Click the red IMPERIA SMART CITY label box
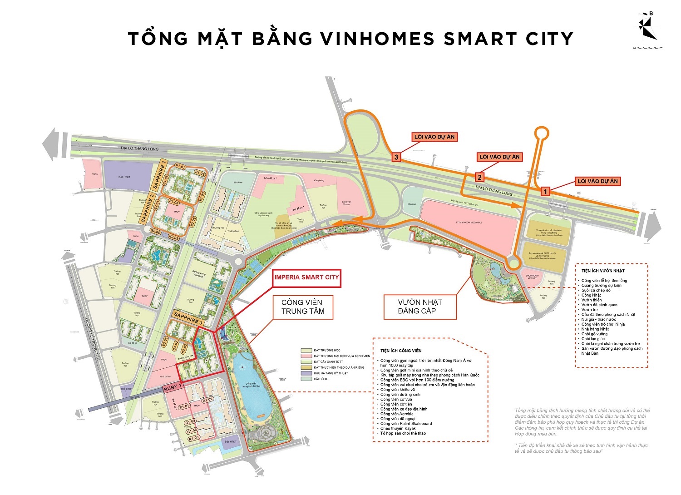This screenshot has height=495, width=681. [x=307, y=277]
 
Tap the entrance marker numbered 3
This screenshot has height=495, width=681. [x=396, y=157]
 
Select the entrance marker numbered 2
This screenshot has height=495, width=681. [x=479, y=177]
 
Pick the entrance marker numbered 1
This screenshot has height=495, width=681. [x=546, y=192]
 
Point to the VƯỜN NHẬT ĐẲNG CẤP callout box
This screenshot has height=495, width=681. [x=420, y=307]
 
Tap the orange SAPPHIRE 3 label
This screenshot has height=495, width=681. [x=188, y=317]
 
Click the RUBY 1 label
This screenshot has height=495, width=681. [x=173, y=388]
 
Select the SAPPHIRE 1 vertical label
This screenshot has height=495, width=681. [x=159, y=176]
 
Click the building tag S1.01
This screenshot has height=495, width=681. [x=181, y=167]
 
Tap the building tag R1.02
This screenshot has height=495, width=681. [x=207, y=400]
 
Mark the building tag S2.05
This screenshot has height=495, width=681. [x=156, y=232]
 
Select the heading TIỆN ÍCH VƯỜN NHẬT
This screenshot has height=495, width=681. [x=603, y=271]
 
